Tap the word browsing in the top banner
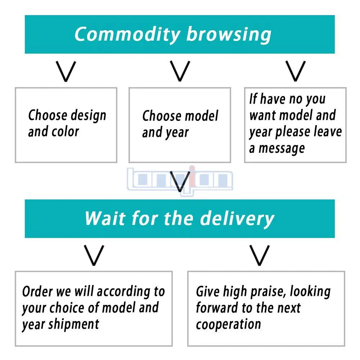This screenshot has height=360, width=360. (x=229, y=35)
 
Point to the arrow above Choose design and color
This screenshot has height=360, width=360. (x=67, y=71)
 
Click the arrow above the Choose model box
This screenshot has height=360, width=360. (x=180, y=71)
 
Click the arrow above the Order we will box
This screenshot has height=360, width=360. (x=94, y=255)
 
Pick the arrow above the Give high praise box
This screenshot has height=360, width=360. (x=260, y=255)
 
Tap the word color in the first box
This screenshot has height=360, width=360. (x=66, y=132)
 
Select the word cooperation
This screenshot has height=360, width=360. (x=228, y=325)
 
